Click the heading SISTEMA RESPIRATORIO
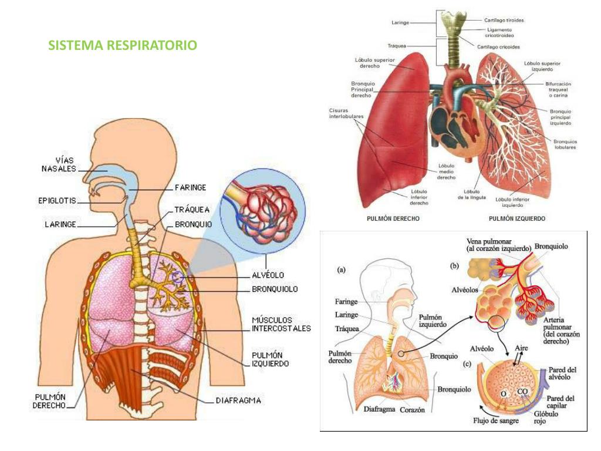(123, 45)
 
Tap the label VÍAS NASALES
(59, 164)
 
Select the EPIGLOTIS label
(53, 201)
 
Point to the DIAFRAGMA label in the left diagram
(238, 400)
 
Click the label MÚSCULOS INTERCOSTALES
(281, 324)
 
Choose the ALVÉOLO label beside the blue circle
(268, 274)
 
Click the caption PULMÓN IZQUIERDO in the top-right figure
(516, 218)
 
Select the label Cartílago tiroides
(504, 20)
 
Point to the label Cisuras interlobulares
(346, 113)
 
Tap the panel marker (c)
(467, 364)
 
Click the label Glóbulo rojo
(545, 417)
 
